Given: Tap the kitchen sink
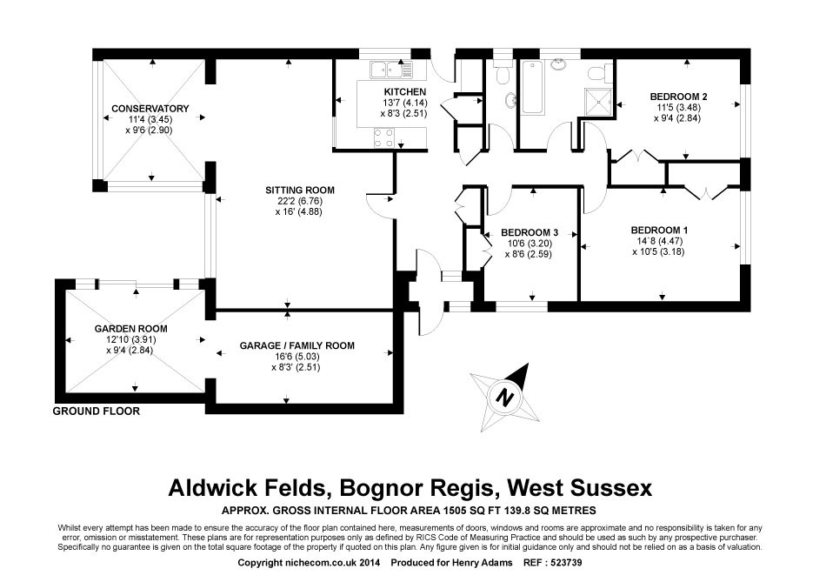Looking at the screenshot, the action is coord(386,70).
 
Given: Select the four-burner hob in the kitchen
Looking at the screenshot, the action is coord(383,137).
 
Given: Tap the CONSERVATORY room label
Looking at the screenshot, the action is coord(150,109).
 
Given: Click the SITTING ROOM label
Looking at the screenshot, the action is coord(300,190).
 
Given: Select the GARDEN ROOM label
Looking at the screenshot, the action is coord(130,329).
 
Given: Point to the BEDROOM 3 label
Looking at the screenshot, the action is coord(529,232).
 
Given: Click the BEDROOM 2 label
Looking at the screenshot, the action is coord(678,96).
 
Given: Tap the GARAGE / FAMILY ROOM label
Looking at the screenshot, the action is coord(296,345).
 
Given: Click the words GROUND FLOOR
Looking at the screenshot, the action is coord(96,411).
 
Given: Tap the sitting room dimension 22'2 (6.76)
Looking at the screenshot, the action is coord(299,200).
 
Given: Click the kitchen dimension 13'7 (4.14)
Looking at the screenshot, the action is coord(404,103).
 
